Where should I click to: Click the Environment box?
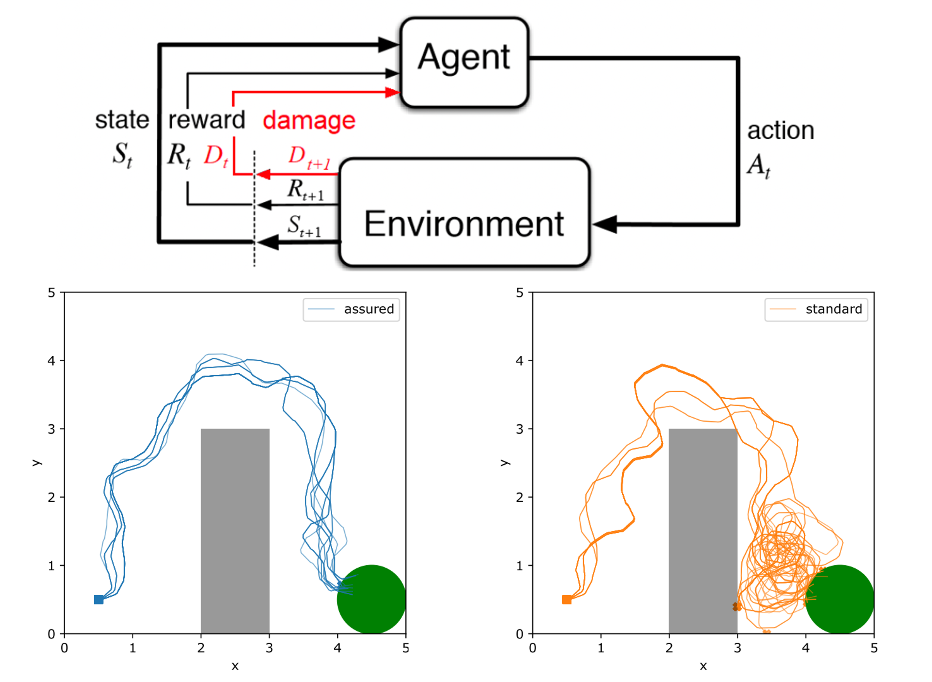(x=464, y=212)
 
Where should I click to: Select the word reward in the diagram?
(x=206, y=120)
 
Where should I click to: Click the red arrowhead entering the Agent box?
(x=392, y=92)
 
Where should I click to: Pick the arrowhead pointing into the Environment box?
(x=605, y=224)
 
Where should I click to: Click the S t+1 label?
(x=305, y=226)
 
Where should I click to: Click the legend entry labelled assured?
(x=351, y=309)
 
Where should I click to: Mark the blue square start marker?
(x=99, y=599)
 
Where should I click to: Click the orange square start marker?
(x=567, y=599)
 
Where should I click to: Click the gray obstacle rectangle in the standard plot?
(x=703, y=531)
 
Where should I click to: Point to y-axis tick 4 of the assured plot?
(x=51, y=361)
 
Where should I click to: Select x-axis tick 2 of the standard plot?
(x=669, y=648)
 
